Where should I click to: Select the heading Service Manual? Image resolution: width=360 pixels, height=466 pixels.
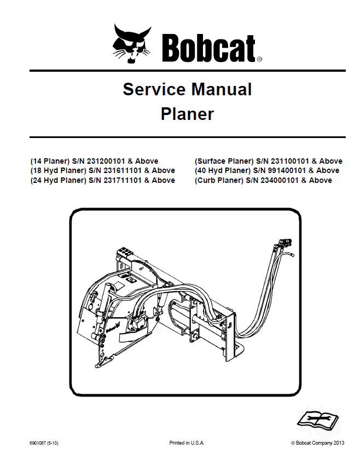(187, 89)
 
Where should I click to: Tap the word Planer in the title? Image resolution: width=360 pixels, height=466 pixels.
(187, 114)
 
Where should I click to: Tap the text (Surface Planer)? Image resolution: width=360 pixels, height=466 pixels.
(224, 161)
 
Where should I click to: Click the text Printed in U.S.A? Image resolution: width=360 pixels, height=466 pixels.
(187, 442)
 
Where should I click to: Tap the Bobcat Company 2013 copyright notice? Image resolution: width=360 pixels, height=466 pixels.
(319, 442)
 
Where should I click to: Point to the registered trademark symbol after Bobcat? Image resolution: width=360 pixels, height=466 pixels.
(259, 59)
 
